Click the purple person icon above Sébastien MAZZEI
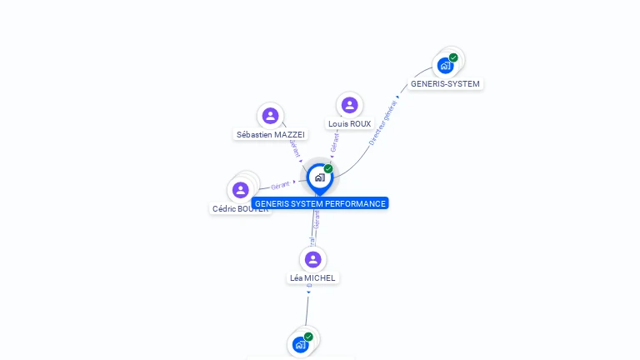269,116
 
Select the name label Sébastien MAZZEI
270,134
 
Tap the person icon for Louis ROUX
349,105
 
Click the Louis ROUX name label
349,123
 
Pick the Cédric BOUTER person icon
241,190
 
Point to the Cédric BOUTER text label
240,209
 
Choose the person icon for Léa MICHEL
312,259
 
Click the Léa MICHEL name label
312,277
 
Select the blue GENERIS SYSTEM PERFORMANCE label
320,203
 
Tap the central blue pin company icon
318,177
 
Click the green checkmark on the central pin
328,169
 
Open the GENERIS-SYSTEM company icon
445,65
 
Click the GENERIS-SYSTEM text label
445,84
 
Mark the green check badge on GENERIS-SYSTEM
453,57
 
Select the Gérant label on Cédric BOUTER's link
281,185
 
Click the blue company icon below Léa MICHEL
300,344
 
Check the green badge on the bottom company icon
308,337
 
